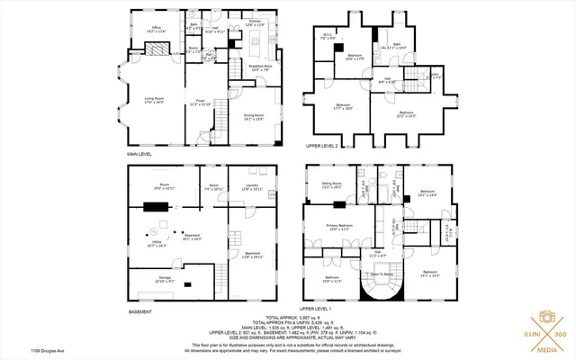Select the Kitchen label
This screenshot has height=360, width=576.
click(x=255, y=22)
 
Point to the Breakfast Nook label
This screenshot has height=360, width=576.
click(x=261, y=67)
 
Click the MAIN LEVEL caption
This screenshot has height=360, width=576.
click(x=140, y=156)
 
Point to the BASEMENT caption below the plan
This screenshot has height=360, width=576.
click(x=139, y=312)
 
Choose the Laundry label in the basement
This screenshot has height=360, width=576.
click(x=251, y=187)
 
